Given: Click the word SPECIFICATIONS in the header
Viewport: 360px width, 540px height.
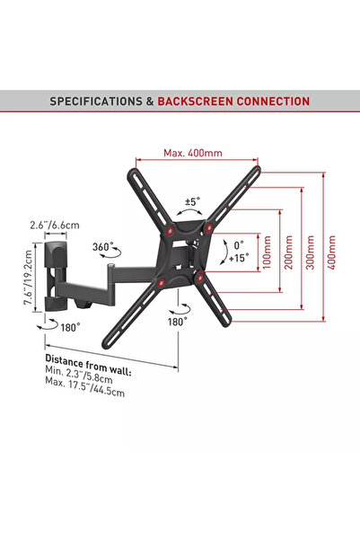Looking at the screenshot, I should point(94,102).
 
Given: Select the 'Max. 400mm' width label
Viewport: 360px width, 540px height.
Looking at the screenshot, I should point(192,153).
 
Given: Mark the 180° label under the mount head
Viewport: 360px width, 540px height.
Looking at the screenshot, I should point(177,320).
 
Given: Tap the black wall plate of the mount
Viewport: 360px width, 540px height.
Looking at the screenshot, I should point(51,270).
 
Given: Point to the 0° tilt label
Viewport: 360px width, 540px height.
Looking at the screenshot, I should point(238,243).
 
